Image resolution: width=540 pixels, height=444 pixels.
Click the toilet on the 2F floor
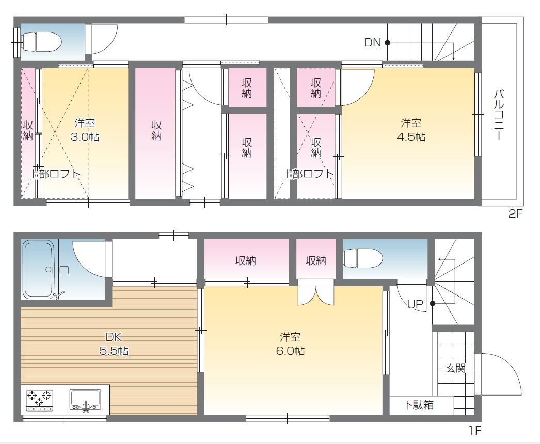[x=42, y=42]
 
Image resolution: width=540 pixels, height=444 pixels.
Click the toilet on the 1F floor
[x=363, y=258]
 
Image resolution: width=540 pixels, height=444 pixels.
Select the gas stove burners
[x=40, y=400]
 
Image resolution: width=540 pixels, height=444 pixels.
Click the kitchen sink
[x=85, y=400]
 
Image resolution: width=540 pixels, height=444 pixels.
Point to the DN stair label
[x=372, y=43]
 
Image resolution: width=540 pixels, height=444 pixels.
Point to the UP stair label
[x=415, y=304]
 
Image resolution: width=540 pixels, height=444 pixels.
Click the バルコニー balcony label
[x=499, y=115]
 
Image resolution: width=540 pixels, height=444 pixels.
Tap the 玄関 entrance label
[x=455, y=368]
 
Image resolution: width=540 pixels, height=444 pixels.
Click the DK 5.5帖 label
[x=114, y=343]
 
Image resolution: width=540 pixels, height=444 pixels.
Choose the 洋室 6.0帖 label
[x=290, y=343]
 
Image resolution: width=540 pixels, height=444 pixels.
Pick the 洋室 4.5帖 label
[x=411, y=129]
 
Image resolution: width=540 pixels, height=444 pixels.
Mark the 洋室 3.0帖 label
[x=85, y=129]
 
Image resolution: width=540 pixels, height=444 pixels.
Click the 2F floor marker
[x=515, y=214]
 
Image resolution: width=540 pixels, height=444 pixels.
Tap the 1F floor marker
[x=474, y=430]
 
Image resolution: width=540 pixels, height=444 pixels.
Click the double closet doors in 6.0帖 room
[x=316, y=295]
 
